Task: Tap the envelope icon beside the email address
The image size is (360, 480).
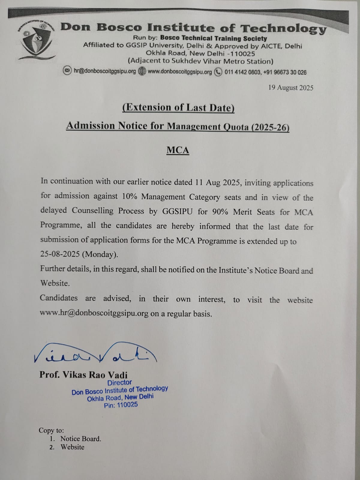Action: (68, 71)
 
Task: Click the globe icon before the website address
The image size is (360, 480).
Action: (142, 71)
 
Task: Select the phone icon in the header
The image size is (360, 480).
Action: (218, 72)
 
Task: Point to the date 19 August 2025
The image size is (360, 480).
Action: (290, 88)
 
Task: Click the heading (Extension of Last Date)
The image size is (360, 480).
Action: (178, 108)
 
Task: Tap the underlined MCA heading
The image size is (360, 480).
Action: (178, 150)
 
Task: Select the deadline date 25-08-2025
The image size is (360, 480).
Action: (60, 254)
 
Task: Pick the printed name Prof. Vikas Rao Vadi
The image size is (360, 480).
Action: (83, 375)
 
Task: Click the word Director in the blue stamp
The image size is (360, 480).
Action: (119, 382)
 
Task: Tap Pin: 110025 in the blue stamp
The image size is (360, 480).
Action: (121, 405)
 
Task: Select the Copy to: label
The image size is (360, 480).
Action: (51, 430)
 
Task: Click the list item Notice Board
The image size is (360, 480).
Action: (80, 439)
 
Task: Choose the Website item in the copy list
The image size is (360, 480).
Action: (72, 447)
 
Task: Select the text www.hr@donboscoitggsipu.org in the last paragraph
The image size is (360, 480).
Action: (94, 313)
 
